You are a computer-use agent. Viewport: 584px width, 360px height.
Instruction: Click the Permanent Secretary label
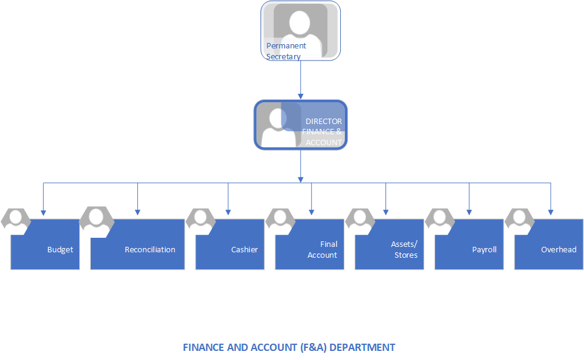pos(286,51)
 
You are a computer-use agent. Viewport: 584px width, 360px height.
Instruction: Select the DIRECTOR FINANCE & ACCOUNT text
pos(323,132)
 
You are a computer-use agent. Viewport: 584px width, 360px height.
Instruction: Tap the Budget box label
pos(60,249)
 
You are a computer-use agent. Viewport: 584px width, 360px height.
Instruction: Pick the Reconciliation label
pos(149,249)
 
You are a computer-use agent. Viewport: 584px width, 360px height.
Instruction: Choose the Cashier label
pos(244,249)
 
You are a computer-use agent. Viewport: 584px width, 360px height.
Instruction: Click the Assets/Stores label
pos(404,249)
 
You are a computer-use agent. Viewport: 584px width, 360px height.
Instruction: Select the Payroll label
pos(484,249)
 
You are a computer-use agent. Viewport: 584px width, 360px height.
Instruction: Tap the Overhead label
pos(559,249)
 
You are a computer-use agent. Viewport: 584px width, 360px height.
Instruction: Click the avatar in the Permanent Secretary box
pos(300,27)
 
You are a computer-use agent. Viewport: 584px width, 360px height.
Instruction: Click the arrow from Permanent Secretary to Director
pos(300,79)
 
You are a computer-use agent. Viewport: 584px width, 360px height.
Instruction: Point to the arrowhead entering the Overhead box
pos(550,212)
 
